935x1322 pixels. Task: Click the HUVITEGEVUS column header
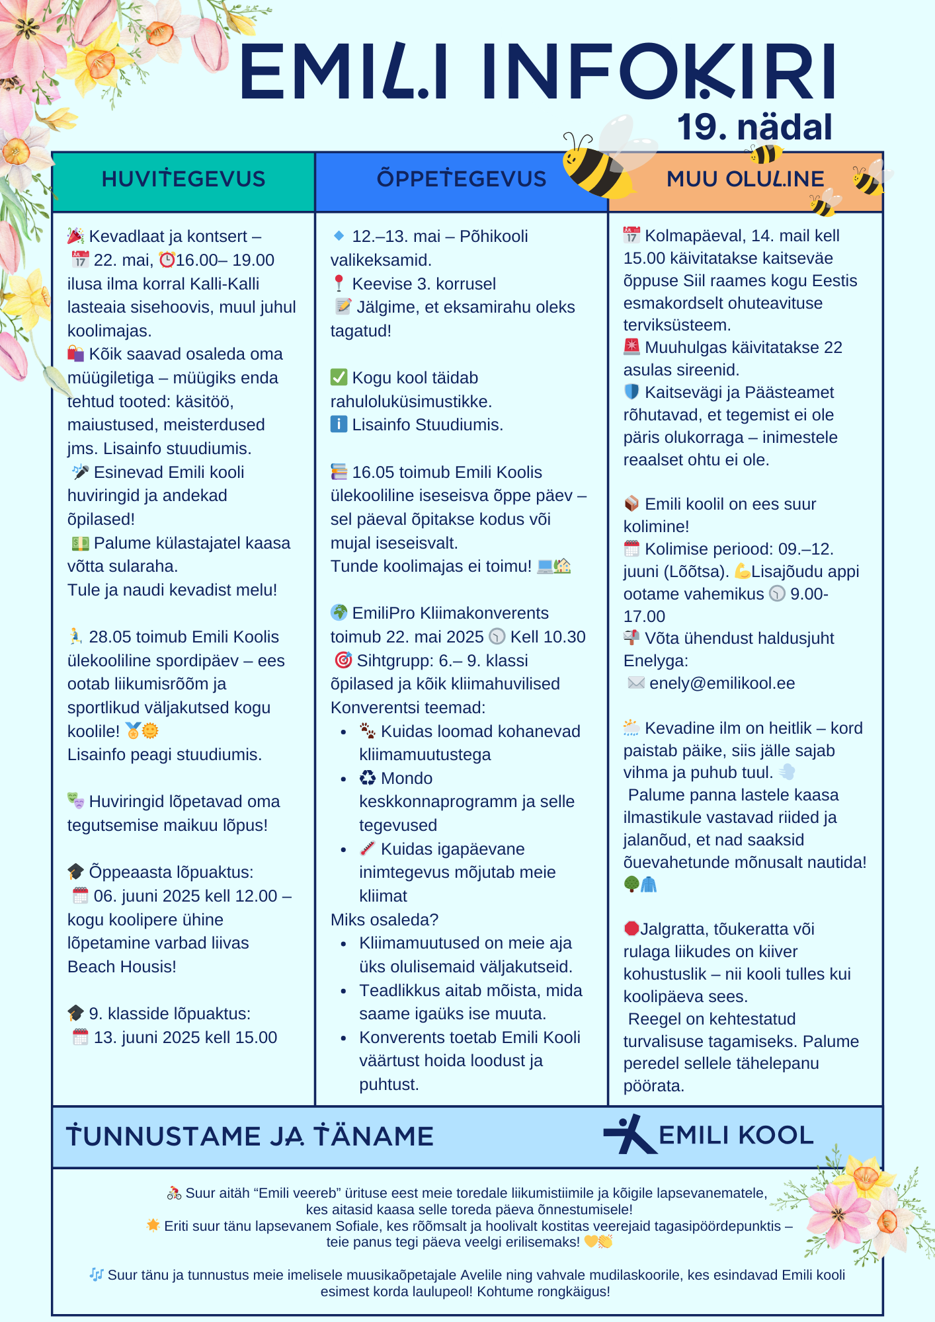pos(183,179)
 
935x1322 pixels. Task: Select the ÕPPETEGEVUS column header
pos(461,179)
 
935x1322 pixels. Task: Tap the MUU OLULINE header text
pos(745,179)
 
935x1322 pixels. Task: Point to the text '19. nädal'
pos(754,127)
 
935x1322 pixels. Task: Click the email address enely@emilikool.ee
pos(722,683)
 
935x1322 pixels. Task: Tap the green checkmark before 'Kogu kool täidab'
pos(339,377)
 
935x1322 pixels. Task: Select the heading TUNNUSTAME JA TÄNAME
pos(250,1136)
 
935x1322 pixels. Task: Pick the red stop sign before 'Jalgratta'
pos(631,929)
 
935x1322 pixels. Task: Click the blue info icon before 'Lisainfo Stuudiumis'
pos(339,424)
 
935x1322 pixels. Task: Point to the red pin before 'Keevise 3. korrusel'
pos(339,284)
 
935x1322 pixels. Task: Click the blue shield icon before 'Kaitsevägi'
pos(631,392)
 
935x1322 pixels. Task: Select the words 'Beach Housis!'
pos(122,967)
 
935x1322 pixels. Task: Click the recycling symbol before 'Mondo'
pos(368,779)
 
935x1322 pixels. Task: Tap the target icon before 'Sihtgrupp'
pos(343,660)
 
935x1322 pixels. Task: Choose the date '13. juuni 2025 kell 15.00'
pos(185,1038)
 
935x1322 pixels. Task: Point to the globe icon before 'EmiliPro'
pos(339,613)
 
